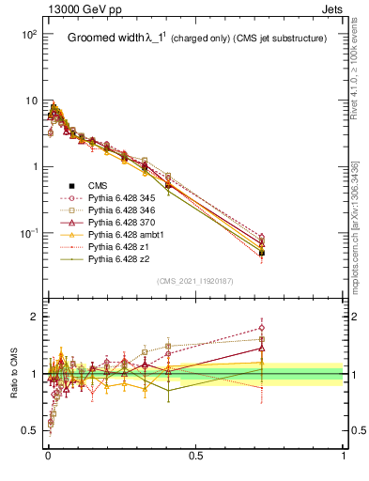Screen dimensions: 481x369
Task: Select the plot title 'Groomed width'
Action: [x=104, y=39]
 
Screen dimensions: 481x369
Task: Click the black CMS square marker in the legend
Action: [x=72, y=185]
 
